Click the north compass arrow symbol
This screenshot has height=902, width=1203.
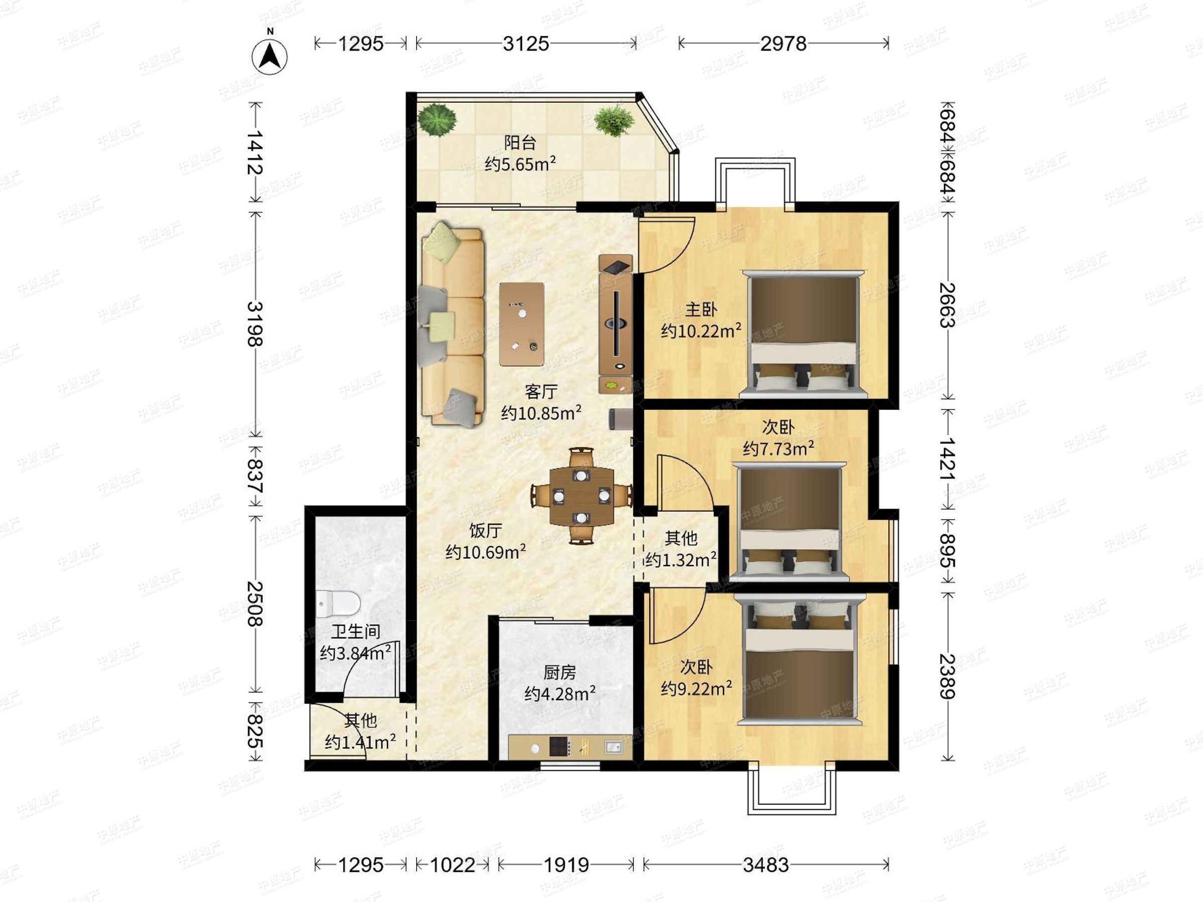click(x=270, y=56)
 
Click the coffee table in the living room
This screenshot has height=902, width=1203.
click(x=522, y=324)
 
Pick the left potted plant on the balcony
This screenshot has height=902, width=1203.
click(x=437, y=120)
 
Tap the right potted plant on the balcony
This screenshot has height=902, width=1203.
click(x=614, y=121)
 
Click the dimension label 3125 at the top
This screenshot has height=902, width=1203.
click(x=526, y=44)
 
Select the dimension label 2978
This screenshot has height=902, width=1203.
click(x=783, y=44)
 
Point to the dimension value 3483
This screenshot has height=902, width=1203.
click(x=766, y=865)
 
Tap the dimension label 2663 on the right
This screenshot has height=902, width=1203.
click(x=947, y=305)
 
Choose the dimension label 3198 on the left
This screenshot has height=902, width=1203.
click(x=255, y=324)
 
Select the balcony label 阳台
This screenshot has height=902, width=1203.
click(x=520, y=142)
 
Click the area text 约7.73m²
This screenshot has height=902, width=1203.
click(x=778, y=448)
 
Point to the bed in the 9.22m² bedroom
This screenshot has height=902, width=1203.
click(x=799, y=659)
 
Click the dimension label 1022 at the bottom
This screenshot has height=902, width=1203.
click(x=453, y=865)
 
